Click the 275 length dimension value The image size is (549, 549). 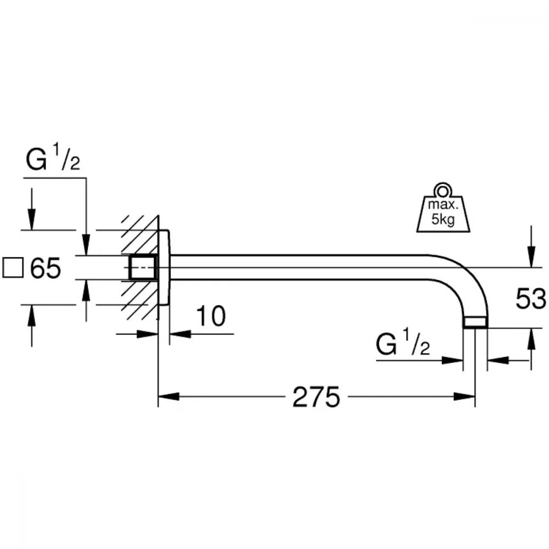pos(316,397)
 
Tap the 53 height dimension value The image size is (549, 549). pos(530,299)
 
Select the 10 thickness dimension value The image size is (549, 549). pos(211,316)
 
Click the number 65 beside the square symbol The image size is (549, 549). pos(46,268)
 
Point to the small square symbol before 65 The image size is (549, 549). pos(13,268)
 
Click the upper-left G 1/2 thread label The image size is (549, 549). pos(53,158)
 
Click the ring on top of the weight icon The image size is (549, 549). pos(442,191)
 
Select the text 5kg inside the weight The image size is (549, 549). pos(443,220)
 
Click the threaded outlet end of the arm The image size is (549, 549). pos(475,322)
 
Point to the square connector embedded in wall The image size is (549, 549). pos(143,268)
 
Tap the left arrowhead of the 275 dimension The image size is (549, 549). pos(169,397)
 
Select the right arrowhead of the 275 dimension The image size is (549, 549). pos(464,397)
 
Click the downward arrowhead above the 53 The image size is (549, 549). pos(531,257)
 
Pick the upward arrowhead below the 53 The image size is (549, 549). pos(531,339)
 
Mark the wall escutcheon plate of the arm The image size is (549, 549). pos(164,267)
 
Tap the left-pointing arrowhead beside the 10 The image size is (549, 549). pos(180,334)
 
